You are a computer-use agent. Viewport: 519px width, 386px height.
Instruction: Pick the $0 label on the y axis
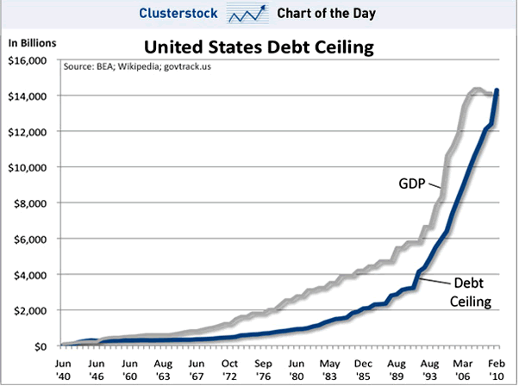[41, 346]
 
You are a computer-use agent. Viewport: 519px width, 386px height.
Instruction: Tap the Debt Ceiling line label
[466, 294]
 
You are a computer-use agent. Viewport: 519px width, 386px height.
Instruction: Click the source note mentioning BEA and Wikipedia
[135, 65]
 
